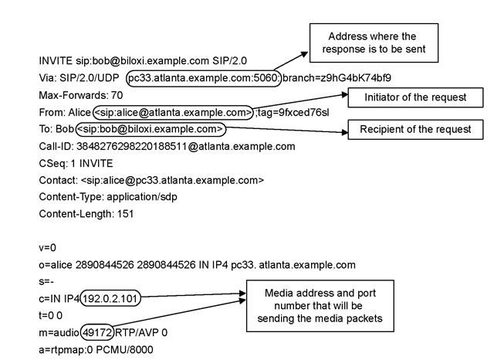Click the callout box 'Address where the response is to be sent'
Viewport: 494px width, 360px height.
[372, 42]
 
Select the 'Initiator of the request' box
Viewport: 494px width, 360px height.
[406, 97]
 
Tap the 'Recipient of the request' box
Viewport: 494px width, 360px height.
[415, 129]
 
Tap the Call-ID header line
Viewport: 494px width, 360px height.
[166, 146]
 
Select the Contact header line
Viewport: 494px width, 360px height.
[151, 180]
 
